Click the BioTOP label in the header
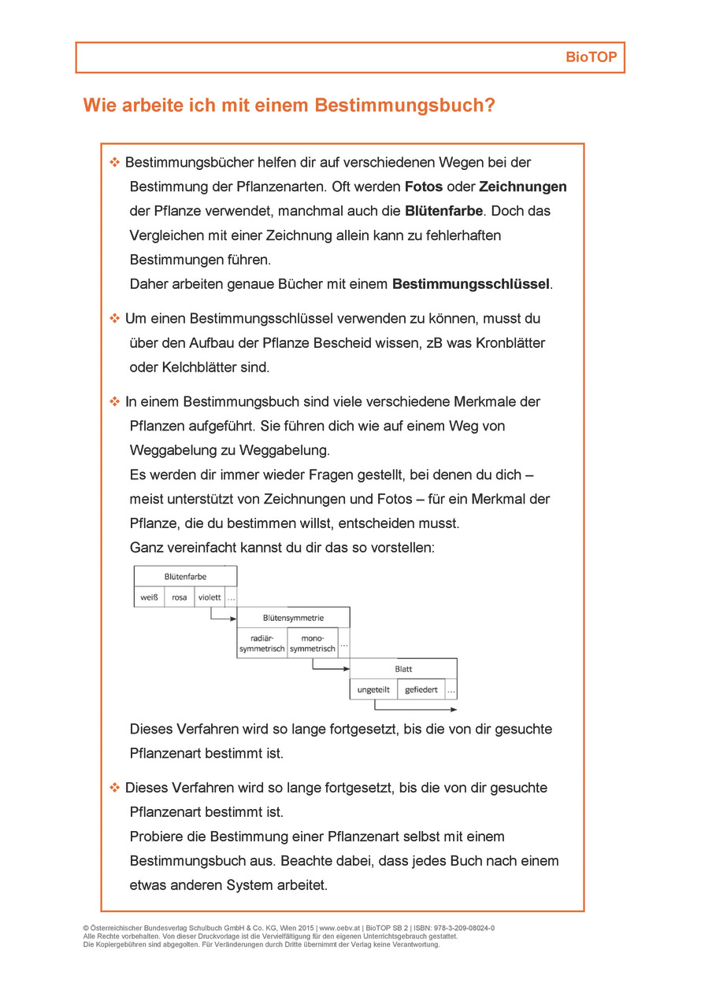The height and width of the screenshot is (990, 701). tap(592, 58)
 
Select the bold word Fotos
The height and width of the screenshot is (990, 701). tap(424, 187)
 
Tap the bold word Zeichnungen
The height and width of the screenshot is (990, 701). tap(522, 187)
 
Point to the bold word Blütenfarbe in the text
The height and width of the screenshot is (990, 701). tap(443, 212)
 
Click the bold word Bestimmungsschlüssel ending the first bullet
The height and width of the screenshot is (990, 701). tap(471, 284)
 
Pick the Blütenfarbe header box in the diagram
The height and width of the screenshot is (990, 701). tap(185, 577)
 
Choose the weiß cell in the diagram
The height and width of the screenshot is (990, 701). tap(150, 597)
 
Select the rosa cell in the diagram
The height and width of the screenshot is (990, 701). tap(180, 597)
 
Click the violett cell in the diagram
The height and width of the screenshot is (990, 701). tap(210, 597)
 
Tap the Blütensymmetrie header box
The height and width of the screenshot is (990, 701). tap(293, 618)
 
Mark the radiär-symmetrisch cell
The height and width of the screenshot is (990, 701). tap(262, 644)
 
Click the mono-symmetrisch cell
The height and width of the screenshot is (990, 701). tap(313, 644)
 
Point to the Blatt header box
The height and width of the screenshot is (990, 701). tap(403, 669)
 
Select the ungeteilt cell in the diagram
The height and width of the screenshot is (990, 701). tap(373, 690)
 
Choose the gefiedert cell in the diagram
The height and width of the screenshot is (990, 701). tap(421, 690)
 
